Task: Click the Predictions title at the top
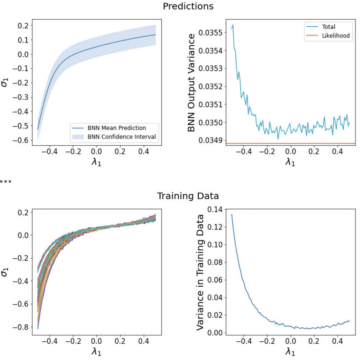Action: pyautogui.click(x=188, y=6)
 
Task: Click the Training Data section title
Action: pyautogui.click(x=188, y=196)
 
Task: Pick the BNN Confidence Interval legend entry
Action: pyautogui.click(x=121, y=136)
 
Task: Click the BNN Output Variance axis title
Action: pyautogui.click(x=192, y=82)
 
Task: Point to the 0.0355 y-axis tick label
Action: pyautogui.click(x=210, y=33)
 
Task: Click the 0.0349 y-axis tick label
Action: pyautogui.click(x=210, y=140)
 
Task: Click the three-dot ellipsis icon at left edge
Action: pyautogui.click(x=6, y=181)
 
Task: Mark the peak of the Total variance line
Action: pyautogui.click(x=233, y=25)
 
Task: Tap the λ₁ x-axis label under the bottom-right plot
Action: pyautogui.click(x=290, y=351)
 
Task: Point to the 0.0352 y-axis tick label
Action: pyautogui.click(x=210, y=86)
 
